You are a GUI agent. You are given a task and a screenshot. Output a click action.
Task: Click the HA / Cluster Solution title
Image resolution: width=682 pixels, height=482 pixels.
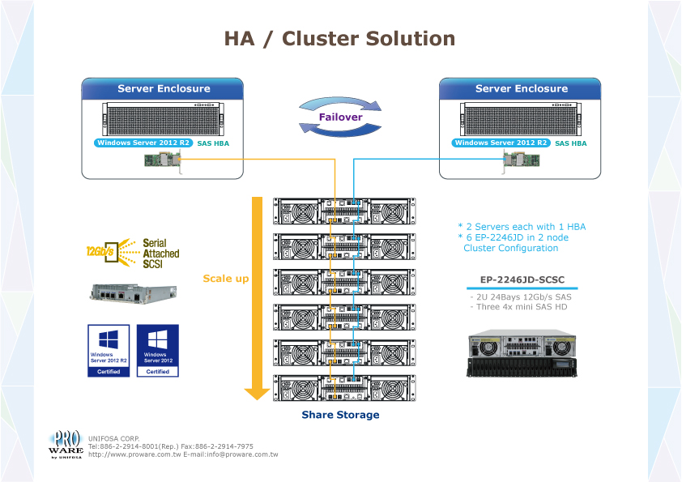coord(339,39)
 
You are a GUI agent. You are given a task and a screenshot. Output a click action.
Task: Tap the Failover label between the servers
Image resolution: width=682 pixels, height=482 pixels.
coord(340,117)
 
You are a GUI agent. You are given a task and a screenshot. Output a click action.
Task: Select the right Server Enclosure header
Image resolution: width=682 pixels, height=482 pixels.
coord(521,88)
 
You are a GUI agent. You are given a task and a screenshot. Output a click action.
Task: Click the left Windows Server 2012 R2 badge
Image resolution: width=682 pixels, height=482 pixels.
coord(143,143)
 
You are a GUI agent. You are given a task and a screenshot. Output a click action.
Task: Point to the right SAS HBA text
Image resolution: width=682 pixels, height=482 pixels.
coord(570,143)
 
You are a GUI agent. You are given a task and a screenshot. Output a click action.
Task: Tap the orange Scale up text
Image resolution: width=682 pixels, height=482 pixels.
coord(225,279)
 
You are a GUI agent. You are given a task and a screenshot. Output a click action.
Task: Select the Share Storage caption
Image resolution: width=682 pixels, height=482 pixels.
coord(340,415)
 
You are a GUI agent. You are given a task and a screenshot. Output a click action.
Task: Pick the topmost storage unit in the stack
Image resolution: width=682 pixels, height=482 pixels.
coord(344,211)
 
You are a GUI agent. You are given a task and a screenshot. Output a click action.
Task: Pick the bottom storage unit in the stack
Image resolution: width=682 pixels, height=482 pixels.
coord(344,388)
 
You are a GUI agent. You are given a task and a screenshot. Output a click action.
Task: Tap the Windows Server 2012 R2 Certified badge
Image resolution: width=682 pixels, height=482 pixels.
coord(109,350)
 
